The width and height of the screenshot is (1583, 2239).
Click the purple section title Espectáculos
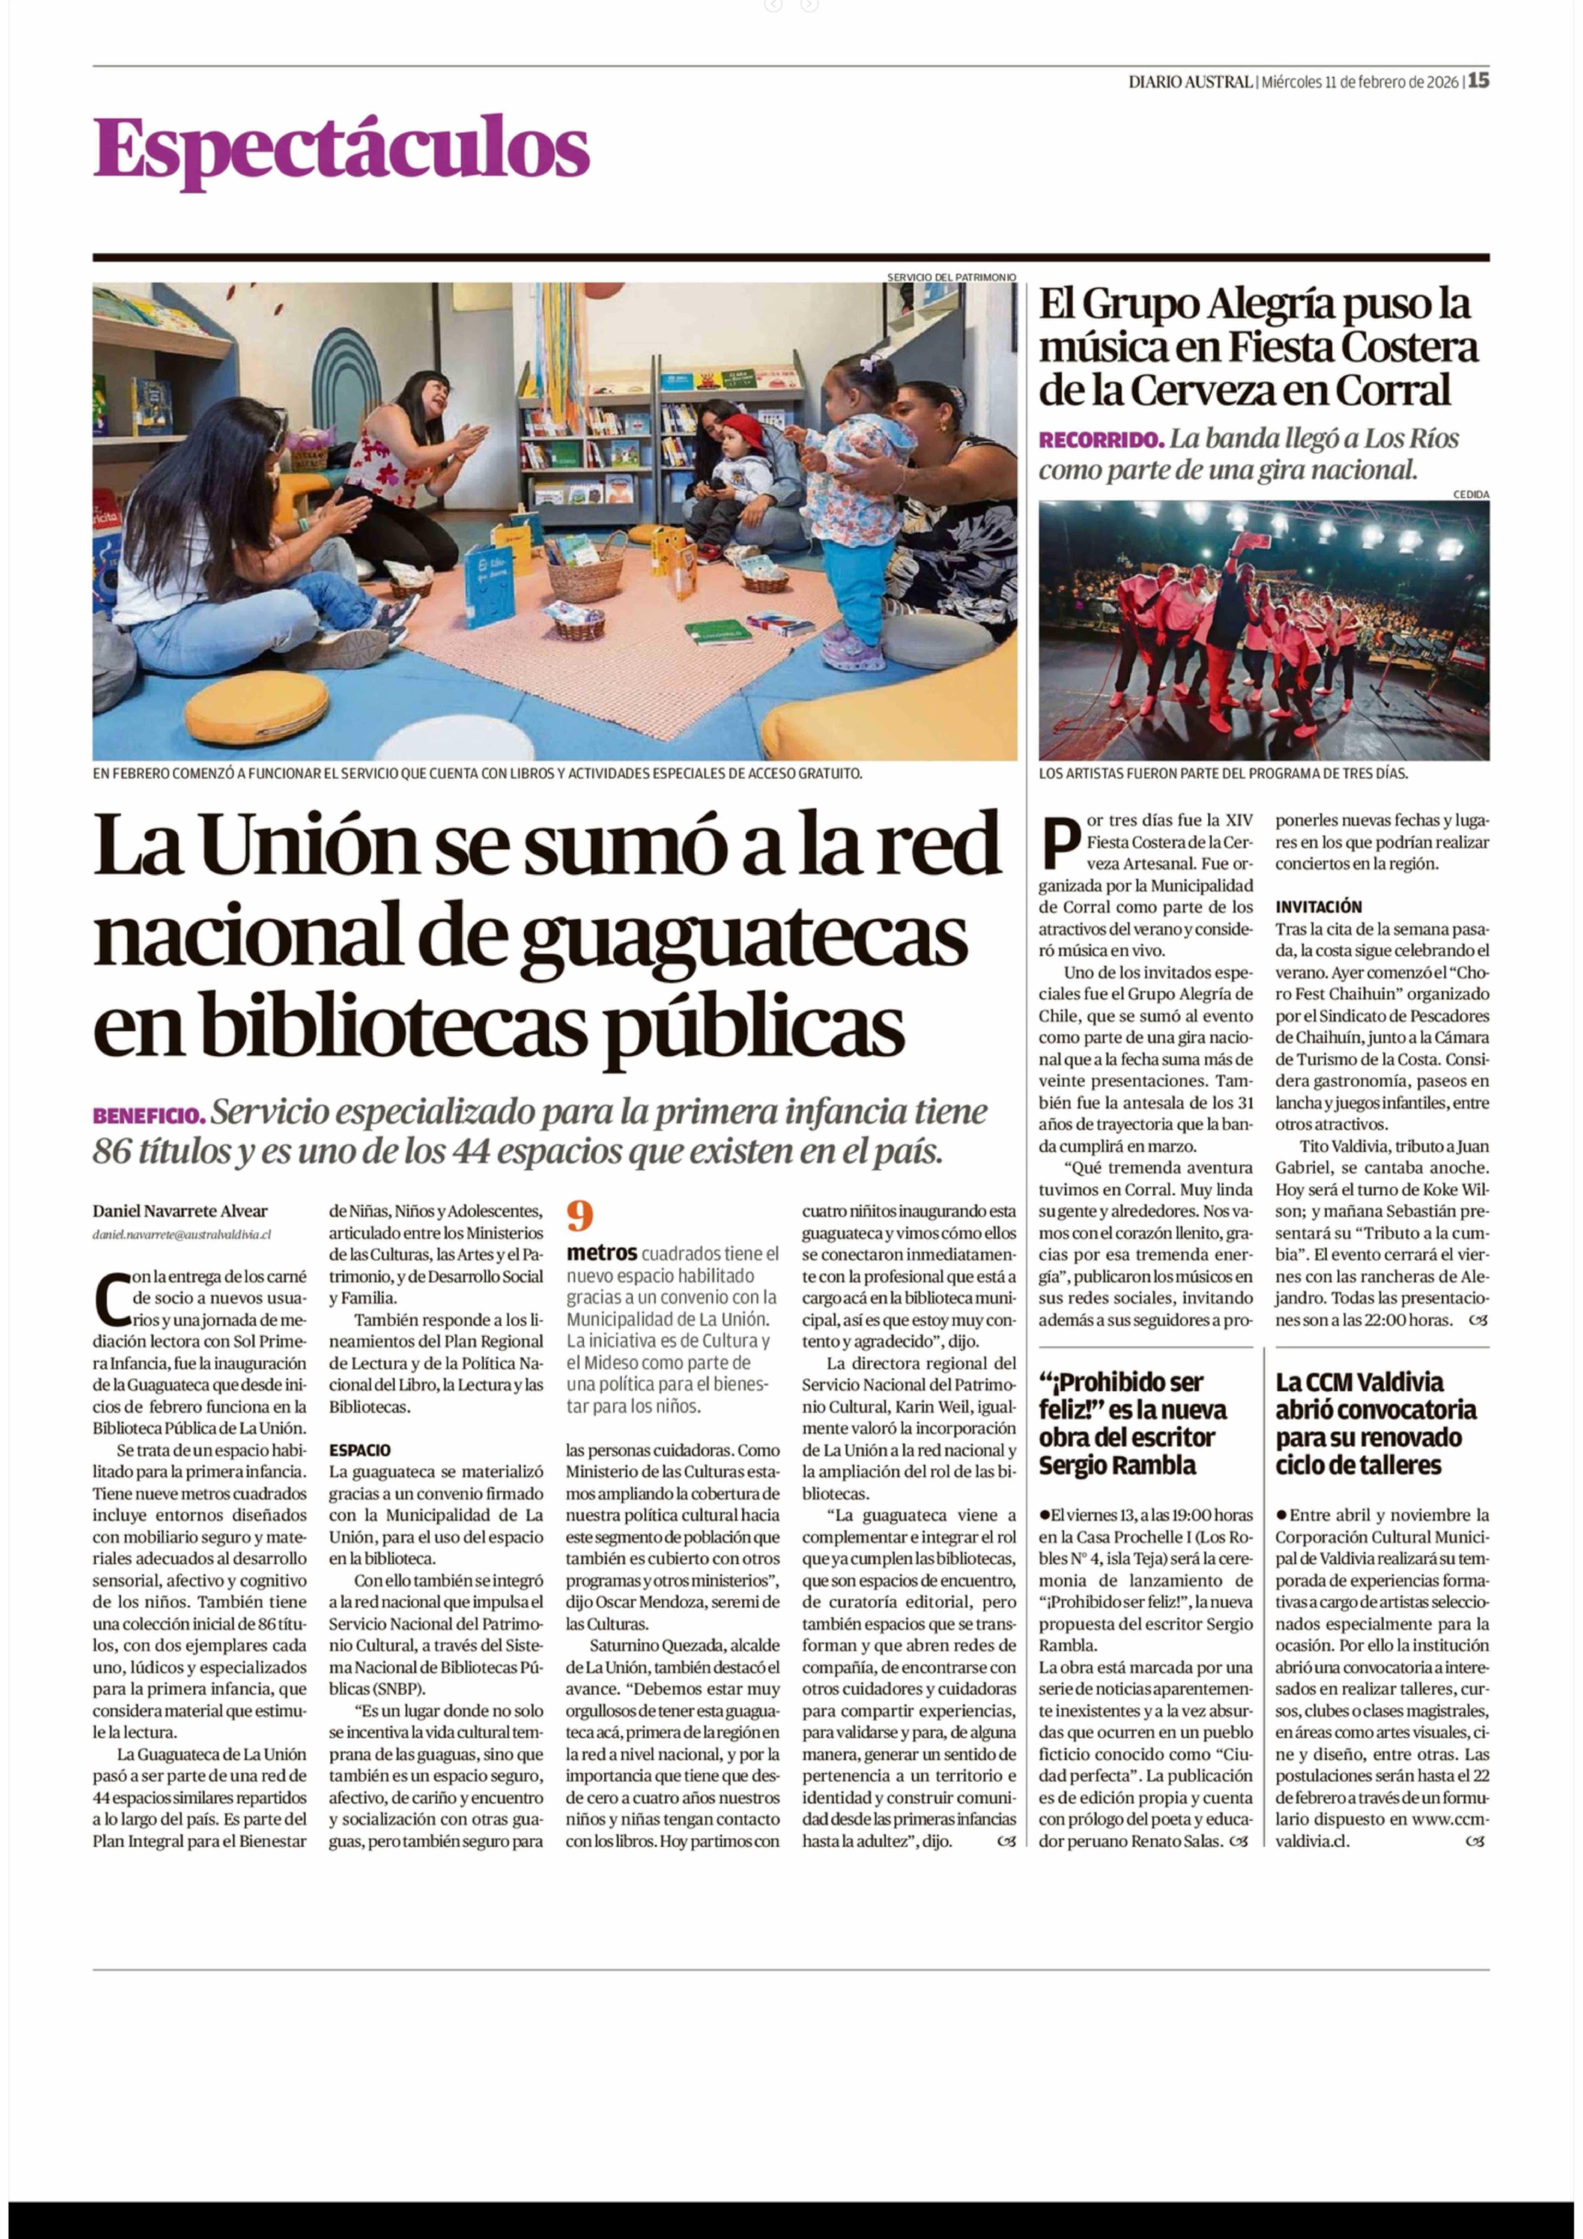[x=341, y=148]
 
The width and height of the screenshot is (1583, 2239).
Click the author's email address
[x=181, y=1234]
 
